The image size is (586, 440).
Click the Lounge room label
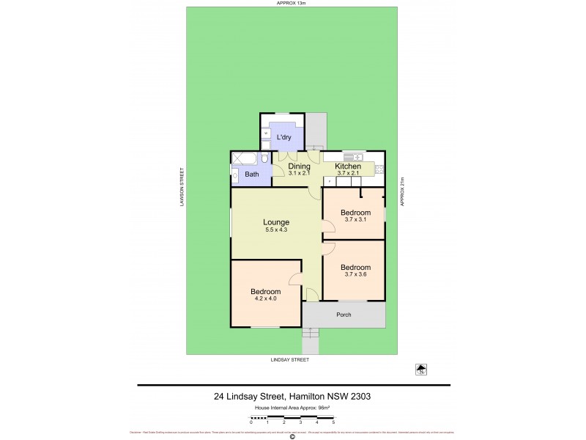coord(277,222)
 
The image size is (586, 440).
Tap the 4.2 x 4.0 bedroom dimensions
coord(266,298)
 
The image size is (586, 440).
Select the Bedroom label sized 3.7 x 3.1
coord(355,213)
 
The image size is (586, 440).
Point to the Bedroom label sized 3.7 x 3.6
coord(355,267)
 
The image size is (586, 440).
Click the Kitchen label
coord(348,167)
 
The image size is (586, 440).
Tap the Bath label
coord(251,174)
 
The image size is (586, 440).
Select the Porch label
coord(344,315)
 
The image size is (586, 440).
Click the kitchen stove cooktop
coord(379,171)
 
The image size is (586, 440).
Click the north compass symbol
coord(420,370)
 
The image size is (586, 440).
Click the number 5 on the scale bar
coord(333,422)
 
